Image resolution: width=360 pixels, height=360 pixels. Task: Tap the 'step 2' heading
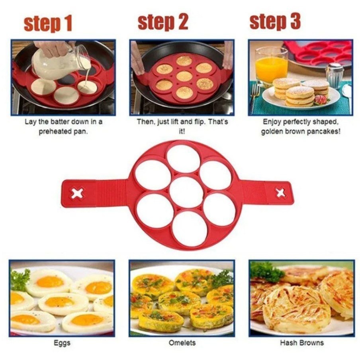click(162, 22)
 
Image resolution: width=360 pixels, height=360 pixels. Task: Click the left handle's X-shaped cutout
click(76, 194)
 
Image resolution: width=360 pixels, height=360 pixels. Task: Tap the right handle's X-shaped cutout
click(281, 193)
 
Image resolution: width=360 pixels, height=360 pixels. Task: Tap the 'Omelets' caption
click(182, 343)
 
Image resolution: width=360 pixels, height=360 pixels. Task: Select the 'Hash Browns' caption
click(301, 343)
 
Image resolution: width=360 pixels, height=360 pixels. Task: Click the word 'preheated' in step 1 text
click(53, 132)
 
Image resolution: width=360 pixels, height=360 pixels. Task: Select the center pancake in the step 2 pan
click(184, 76)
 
